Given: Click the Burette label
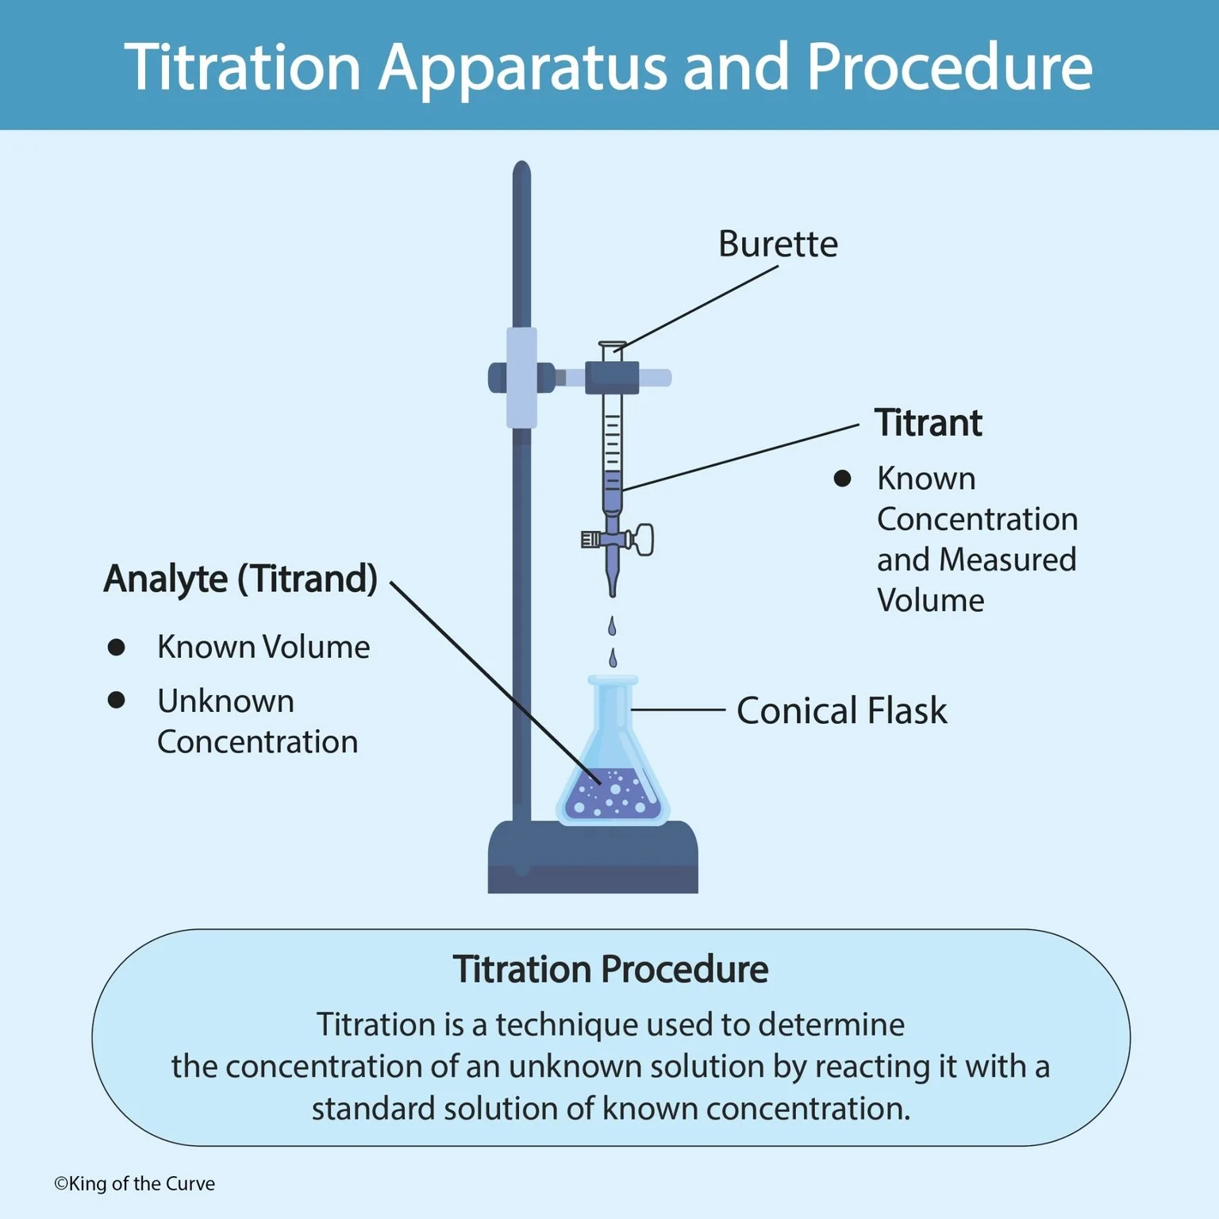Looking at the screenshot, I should click(x=778, y=244).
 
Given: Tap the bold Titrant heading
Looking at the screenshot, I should click(x=928, y=423).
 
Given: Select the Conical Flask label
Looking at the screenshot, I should click(x=841, y=710).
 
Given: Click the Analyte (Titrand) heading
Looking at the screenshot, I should click(x=240, y=579).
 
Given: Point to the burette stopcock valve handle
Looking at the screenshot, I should click(x=642, y=540).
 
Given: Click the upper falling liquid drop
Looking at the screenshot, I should click(x=611, y=626).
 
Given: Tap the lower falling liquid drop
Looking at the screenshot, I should click(x=612, y=658).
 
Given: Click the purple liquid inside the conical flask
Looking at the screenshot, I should click(x=612, y=796).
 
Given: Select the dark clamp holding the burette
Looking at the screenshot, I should click(x=612, y=377).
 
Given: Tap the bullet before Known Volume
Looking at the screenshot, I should click(x=116, y=647).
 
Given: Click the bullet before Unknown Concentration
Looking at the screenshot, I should click(x=116, y=700).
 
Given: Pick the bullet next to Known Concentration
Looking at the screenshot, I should click(x=842, y=479).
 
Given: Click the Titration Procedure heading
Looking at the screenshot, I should click(x=610, y=969).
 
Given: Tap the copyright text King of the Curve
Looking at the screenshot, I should click(x=134, y=1183).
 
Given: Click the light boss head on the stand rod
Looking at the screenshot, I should click(x=521, y=378).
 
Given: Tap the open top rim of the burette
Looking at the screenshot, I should click(x=612, y=344).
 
